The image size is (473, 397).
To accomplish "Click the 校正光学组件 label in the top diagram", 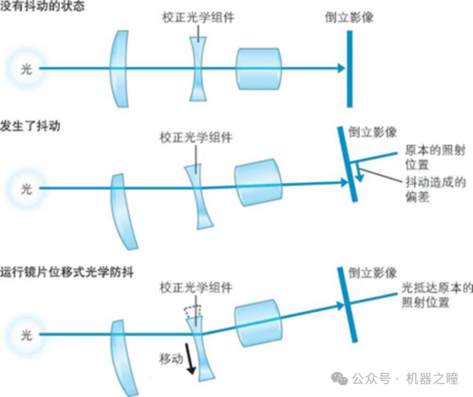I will click(x=198, y=18).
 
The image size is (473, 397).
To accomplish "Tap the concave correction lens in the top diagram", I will click(x=199, y=68).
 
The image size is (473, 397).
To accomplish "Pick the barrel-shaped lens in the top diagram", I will click(x=259, y=68).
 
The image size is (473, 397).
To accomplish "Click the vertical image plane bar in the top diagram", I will click(x=349, y=68).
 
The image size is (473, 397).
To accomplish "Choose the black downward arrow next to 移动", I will click(x=191, y=363).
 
